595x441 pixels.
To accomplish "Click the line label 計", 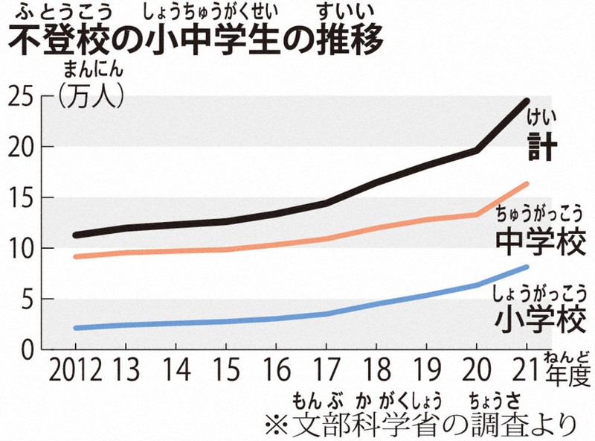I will coord(541,147).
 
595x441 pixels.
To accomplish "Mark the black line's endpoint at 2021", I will coord(527,100).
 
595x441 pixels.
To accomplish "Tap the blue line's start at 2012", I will coord(75,328).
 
